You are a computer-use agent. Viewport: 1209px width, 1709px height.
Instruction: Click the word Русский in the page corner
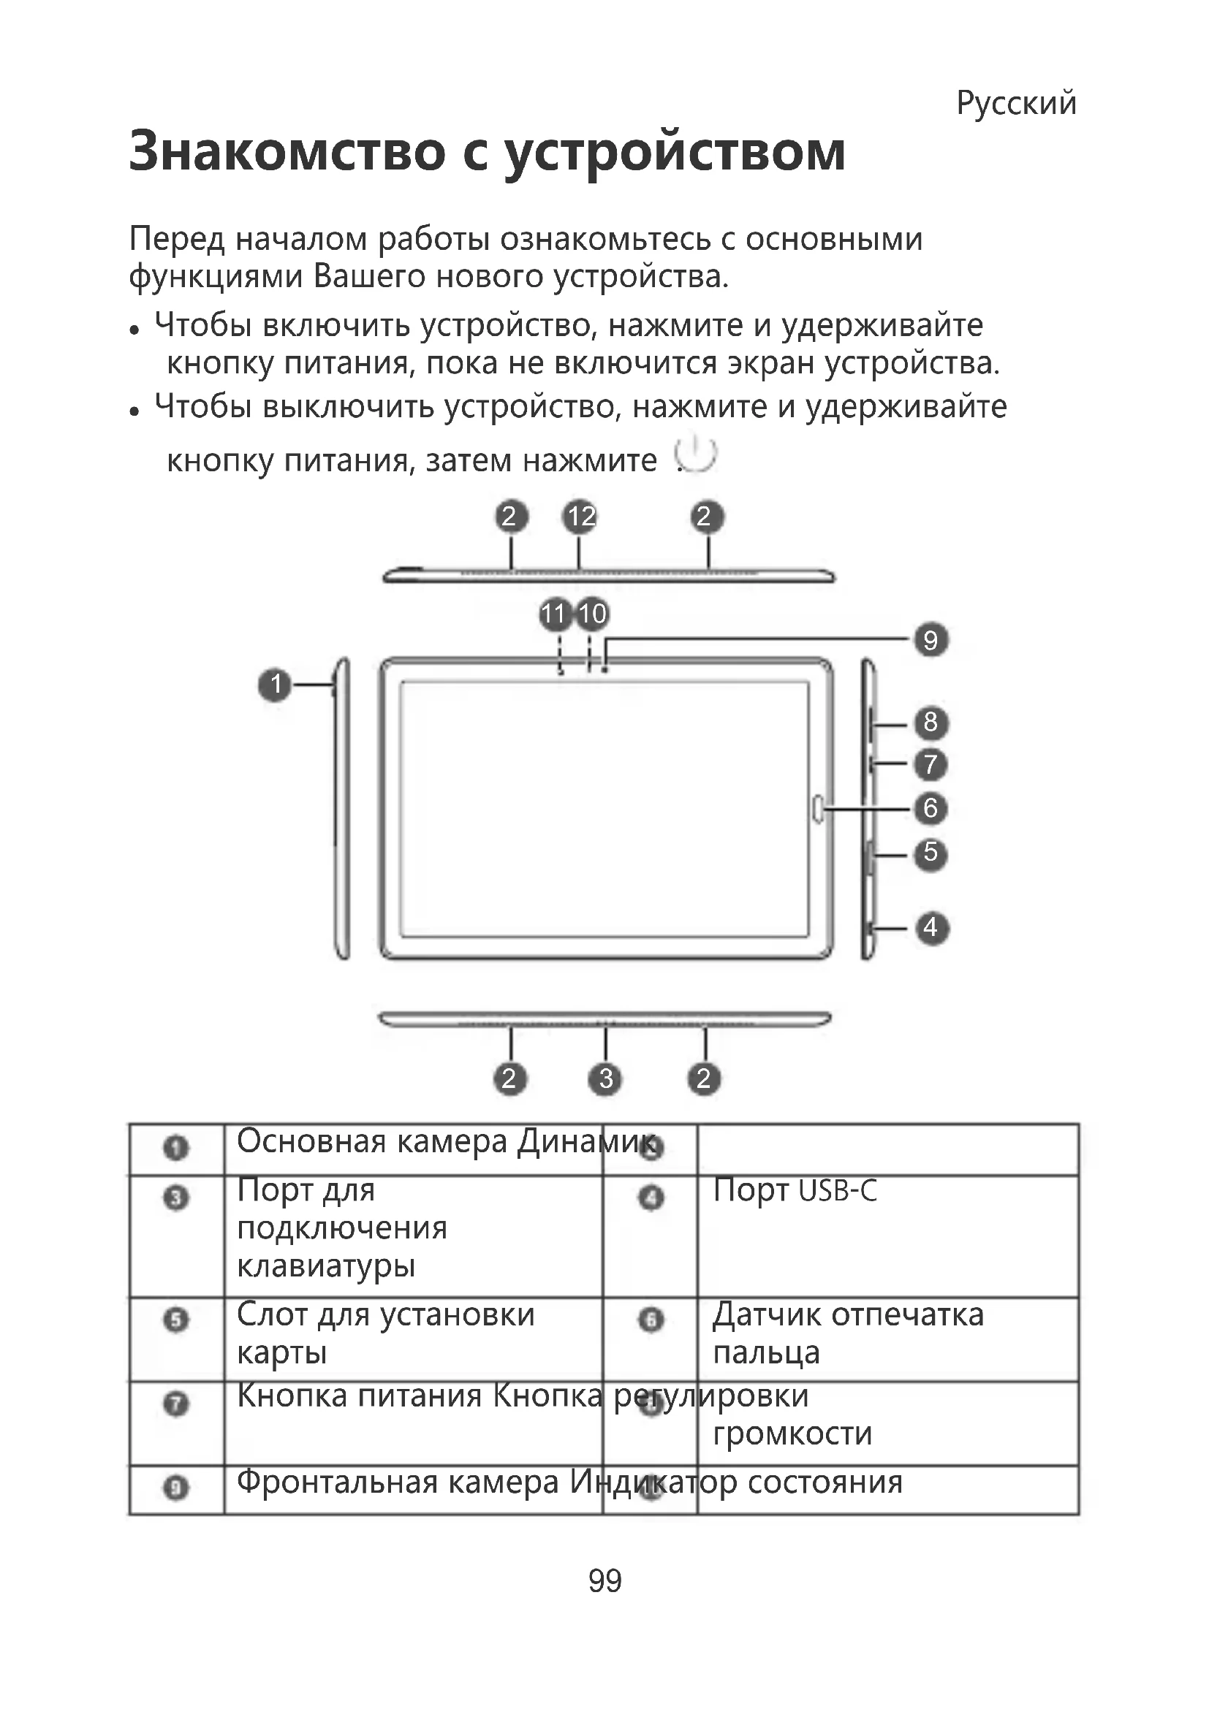1016,103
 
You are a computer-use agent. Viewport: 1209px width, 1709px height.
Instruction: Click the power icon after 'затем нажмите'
695,454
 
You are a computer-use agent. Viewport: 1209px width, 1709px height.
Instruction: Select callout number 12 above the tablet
580,517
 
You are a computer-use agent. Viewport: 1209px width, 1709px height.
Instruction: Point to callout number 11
555,614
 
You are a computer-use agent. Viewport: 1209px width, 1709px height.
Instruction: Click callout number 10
593,614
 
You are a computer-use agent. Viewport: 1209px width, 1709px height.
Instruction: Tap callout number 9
931,639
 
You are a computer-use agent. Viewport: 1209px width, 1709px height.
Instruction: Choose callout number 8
931,721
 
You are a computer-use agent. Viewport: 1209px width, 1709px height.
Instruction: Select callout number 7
931,764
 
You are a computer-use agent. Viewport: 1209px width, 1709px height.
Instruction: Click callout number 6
931,807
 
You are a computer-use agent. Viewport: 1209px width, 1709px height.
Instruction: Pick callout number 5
931,851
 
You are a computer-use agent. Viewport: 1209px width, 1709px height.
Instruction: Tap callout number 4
931,927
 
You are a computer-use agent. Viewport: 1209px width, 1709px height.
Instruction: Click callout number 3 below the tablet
606,1078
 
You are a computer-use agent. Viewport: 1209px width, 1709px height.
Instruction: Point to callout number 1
276,683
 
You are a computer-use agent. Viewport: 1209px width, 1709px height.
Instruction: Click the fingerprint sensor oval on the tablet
818,808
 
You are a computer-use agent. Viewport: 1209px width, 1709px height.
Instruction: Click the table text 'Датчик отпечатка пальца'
847,1333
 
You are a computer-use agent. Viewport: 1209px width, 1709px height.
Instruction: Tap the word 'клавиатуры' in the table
326,1265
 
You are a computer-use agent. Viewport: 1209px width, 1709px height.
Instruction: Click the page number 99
604,1580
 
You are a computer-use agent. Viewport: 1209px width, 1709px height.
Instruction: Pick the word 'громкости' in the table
792,1433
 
